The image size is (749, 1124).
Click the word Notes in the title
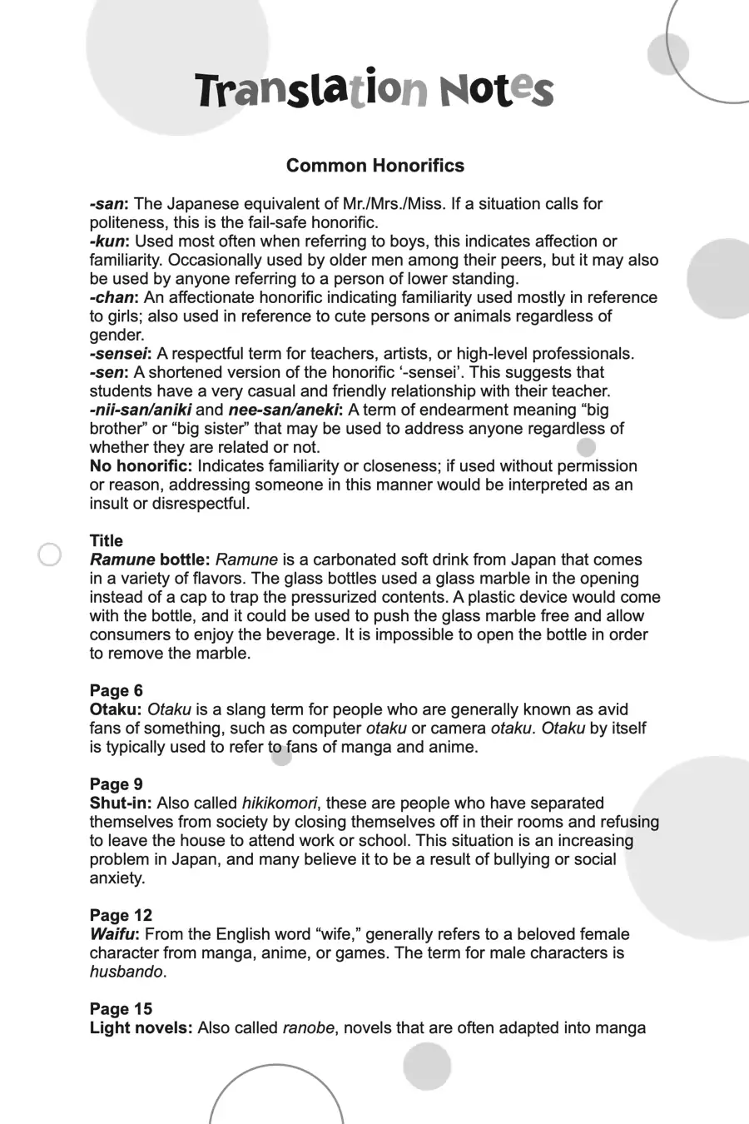point(496,90)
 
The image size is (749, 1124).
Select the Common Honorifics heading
point(375,166)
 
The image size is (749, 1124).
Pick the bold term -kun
point(109,241)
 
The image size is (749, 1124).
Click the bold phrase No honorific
point(141,466)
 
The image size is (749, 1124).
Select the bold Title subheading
point(107,541)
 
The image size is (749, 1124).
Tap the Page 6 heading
point(117,691)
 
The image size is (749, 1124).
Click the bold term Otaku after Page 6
point(115,709)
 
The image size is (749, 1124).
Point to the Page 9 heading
point(117,784)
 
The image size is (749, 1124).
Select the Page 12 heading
point(122,916)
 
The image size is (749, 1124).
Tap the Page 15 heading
point(122,1009)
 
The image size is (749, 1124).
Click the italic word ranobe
point(308,1028)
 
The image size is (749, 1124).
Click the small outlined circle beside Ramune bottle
point(50,555)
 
